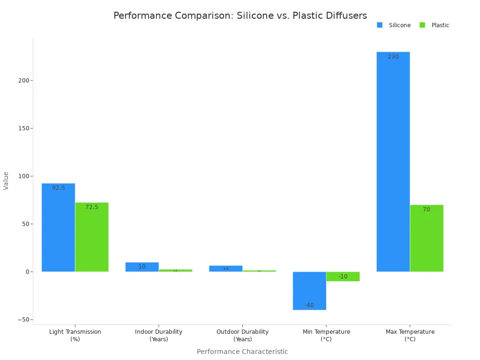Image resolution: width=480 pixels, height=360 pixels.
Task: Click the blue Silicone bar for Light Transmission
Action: [58, 227]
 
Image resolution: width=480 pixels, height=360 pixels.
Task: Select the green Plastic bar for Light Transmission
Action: [92, 237]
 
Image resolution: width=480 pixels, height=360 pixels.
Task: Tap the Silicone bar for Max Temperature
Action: [393, 162]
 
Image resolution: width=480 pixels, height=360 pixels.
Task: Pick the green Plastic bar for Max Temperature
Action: [427, 238]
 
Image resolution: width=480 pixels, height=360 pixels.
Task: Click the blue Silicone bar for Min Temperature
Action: [309, 291]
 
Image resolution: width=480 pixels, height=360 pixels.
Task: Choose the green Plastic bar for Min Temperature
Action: [343, 276]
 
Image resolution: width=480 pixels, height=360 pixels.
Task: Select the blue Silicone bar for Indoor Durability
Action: [142, 267]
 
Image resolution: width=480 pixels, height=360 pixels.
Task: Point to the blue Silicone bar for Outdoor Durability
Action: [225, 269]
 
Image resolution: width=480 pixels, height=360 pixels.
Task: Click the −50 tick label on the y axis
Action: [22, 320]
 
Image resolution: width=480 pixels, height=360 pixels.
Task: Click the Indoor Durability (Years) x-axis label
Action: [158, 335]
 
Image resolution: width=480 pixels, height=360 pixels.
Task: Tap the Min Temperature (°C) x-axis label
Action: [326, 335]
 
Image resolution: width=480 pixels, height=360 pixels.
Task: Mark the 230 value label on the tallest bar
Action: [393, 57]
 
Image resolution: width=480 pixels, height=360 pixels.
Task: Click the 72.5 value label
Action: [92, 207]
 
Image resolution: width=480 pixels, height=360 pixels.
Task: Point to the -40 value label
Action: [309, 305]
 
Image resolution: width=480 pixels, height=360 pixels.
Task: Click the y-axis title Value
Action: [6, 180]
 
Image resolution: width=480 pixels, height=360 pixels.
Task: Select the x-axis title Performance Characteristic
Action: [242, 352]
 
